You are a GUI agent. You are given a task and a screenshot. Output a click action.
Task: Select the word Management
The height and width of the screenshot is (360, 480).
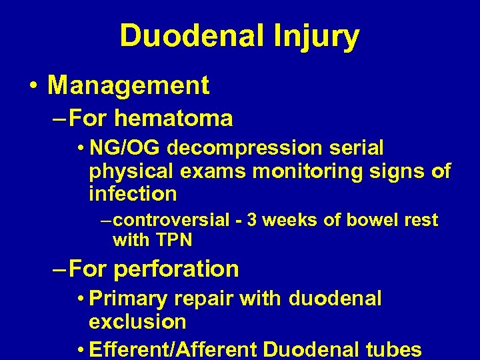click(129, 85)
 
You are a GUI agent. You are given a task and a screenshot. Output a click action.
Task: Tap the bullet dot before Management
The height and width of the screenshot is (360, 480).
click(33, 86)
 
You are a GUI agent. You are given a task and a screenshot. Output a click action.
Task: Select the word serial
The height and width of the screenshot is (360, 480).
click(360, 147)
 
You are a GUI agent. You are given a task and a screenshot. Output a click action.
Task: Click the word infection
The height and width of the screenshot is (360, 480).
click(133, 194)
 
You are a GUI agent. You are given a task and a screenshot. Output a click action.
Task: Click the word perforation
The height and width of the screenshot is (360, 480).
click(177, 269)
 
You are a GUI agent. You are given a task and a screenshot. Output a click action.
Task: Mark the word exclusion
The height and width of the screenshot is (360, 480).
click(137, 321)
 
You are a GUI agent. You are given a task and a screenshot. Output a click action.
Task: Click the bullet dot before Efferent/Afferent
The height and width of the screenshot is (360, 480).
click(80, 349)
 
